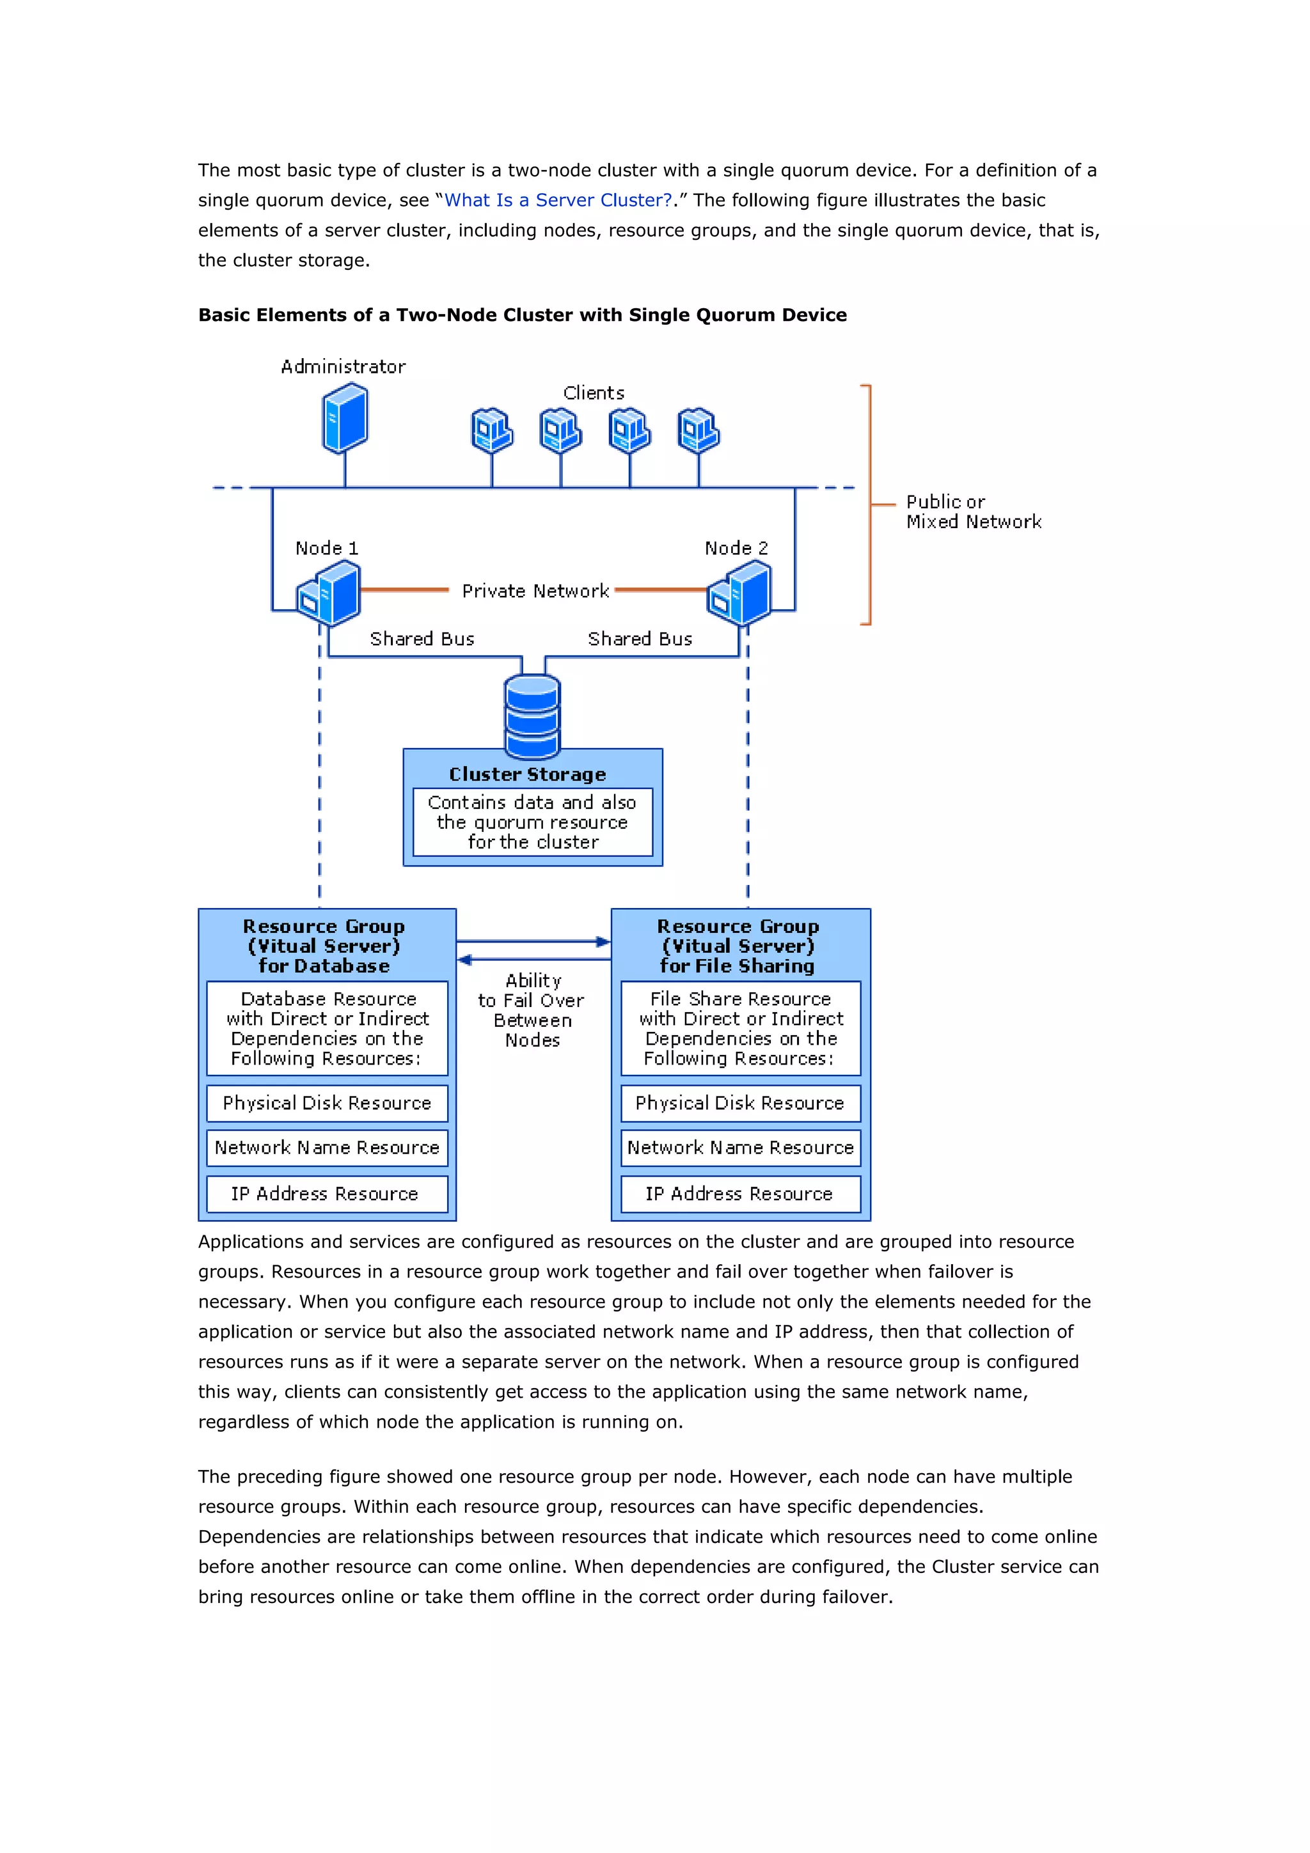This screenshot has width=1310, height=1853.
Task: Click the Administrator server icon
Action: pos(345,418)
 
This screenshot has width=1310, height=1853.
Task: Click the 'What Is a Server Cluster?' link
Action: pos(558,200)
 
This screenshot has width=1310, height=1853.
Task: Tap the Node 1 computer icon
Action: pos(329,594)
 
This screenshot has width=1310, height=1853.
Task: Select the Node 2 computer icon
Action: pos(739,594)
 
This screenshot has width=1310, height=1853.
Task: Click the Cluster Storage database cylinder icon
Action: pos(532,715)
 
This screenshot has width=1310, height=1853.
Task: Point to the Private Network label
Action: pos(535,591)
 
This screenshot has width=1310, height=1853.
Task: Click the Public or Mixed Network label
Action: pos(973,512)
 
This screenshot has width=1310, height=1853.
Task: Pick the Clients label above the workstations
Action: pos(593,393)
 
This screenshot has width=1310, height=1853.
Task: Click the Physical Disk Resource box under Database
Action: pos(327,1103)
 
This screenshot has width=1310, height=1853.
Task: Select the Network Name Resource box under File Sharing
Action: pos(740,1148)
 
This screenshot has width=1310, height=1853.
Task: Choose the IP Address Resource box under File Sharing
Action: pos(740,1194)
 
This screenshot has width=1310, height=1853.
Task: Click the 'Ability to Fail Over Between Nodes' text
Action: pos(532,1010)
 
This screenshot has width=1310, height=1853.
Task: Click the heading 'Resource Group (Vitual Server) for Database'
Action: pos(324,946)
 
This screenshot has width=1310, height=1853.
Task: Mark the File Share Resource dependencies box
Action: pos(740,1028)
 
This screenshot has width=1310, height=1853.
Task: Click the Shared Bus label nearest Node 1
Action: pos(422,639)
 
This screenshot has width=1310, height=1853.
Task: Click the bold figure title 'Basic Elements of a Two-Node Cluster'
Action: pos(522,315)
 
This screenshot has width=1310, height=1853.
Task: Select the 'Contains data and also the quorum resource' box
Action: pos(532,822)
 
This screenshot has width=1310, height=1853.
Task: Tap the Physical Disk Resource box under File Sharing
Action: pos(740,1103)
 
